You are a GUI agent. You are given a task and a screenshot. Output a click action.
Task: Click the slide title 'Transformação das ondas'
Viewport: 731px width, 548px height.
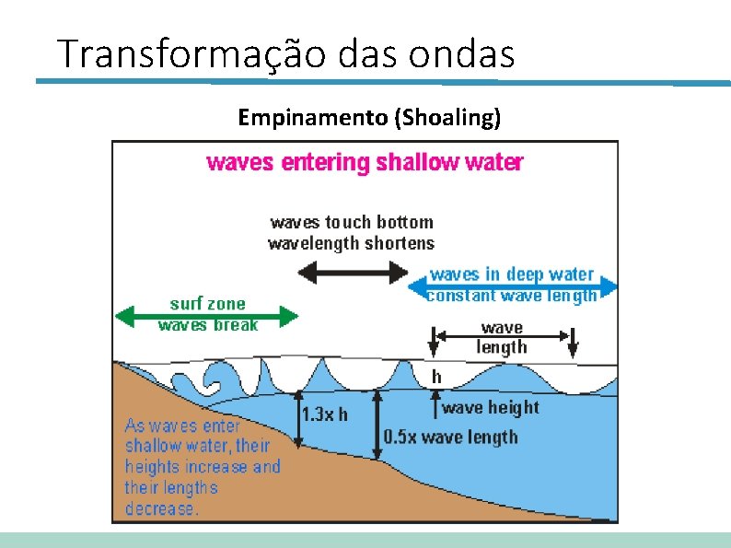[285, 54]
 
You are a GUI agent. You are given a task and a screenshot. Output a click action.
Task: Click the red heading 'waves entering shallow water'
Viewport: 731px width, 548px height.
[365, 163]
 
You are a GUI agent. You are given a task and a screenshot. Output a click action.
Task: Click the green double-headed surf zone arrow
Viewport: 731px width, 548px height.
[206, 318]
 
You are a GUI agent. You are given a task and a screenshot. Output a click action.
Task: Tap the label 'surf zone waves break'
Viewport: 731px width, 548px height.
[208, 313]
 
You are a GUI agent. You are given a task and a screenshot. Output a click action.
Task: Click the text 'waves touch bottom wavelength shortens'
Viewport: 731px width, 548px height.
[351, 232]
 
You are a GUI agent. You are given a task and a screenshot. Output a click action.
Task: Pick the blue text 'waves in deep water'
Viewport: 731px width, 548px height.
[512, 274]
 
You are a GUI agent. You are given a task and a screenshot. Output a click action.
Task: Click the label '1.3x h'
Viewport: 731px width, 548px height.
[325, 414]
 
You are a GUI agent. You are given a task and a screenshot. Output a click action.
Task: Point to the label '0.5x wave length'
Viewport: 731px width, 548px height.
[450, 437]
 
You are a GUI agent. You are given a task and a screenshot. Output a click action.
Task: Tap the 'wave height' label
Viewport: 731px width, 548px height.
[491, 407]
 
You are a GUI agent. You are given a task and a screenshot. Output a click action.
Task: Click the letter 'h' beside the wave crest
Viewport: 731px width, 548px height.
[436, 377]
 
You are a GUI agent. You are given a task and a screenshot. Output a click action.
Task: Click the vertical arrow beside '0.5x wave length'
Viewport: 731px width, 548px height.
[376, 424]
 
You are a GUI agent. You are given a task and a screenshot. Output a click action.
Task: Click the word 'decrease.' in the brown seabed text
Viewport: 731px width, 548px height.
[161, 508]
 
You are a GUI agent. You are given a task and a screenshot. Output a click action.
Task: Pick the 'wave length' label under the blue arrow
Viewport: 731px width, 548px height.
[502, 337]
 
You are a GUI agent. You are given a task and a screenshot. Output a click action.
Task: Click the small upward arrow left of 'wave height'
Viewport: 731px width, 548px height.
[435, 404]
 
